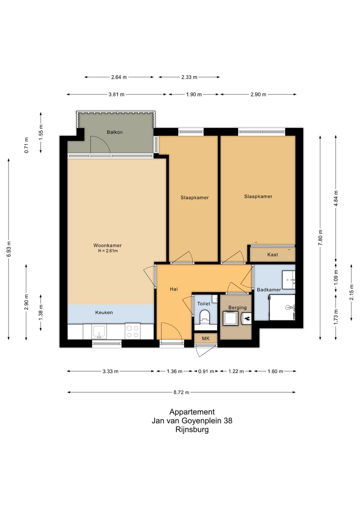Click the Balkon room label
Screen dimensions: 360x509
[x=115, y=132]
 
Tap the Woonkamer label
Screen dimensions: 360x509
[x=107, y=245]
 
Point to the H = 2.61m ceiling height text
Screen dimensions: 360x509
[x=108, y=251]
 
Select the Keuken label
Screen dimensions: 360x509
[x=104, y=313]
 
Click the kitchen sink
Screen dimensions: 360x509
[x=99, y=331]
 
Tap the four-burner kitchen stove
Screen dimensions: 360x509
[x=132, y=331]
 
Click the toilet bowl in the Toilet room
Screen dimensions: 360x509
[x=205, y=317]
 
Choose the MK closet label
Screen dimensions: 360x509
[x=206, y=339]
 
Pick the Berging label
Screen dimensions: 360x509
[x=237, y=308]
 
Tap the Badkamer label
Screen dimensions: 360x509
[x=269, y=290]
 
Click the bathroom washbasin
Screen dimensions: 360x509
[x=289, y=280]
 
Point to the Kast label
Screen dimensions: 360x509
[x=273, y=255]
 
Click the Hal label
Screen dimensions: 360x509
[x=174, y=289]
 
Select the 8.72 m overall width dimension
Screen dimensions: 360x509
[x=181, y=392]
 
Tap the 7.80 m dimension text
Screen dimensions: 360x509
[x=320, y=237]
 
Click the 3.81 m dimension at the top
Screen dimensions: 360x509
[x=117, y=94]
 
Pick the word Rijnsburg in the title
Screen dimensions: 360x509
[x=192, y=430]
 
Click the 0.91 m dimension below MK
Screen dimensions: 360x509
[x=206, y=371]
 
